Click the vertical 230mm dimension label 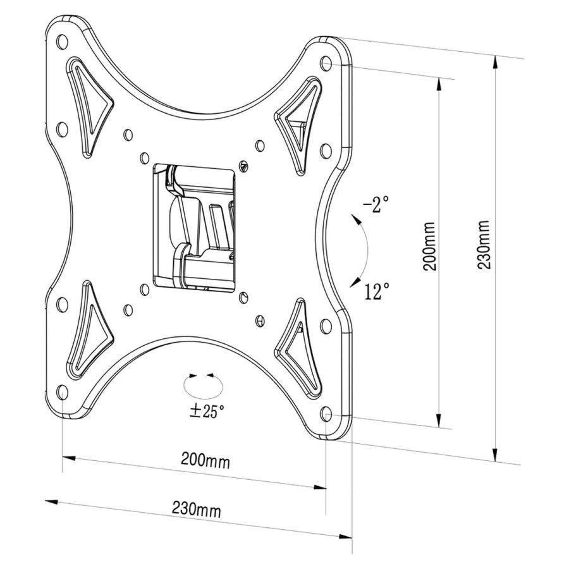pos(484,245)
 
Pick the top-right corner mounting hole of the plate pos(326,64)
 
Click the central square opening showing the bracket pos(196,224)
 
